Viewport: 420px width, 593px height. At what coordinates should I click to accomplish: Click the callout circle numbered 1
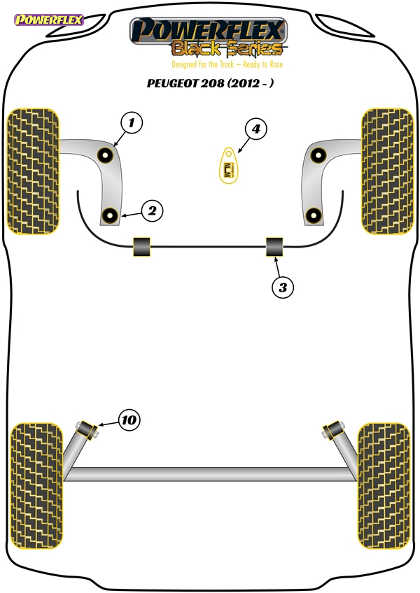132,123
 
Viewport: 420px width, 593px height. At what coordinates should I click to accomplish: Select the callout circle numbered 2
152,210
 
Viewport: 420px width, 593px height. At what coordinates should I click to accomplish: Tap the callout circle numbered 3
283,287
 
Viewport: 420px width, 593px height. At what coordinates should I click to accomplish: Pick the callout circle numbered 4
256,129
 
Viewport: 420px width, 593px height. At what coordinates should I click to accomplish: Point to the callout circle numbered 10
129,420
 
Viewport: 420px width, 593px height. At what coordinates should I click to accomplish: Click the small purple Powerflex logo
48,20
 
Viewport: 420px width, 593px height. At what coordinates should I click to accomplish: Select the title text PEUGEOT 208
185,83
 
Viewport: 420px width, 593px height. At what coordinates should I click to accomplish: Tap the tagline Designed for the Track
202,64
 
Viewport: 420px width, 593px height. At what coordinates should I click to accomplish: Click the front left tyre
34,171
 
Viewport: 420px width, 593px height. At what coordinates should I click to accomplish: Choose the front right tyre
387,171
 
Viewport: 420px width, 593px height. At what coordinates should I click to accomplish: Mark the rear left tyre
36,486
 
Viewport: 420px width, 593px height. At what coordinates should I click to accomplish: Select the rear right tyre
384,486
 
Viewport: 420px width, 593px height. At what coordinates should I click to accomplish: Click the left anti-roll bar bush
141,247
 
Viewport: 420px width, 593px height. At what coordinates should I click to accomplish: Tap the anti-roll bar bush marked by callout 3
274,247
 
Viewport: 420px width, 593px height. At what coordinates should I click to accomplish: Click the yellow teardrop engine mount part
229,165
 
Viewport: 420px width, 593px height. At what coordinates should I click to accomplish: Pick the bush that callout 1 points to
105,155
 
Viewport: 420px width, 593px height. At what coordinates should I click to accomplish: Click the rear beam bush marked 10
87,430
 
